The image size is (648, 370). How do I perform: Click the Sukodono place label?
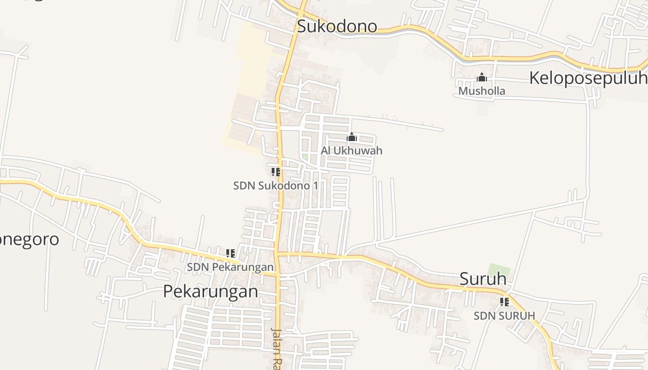point(337,26)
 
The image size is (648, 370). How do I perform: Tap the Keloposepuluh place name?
point(588,78)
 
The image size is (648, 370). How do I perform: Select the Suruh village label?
point(483,279)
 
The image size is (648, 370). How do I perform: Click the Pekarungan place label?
point(211,291)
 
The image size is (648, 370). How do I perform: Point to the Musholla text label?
point(481,91)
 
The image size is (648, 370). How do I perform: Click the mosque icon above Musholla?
point(482,77)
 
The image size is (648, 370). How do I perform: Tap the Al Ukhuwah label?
point(352,151)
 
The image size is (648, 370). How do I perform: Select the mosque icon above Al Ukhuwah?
point(352,137)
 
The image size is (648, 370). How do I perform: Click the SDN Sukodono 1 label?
point(275,186)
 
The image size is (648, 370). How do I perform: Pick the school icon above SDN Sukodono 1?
point(276,173)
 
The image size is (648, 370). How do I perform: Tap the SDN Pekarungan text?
point(230,267)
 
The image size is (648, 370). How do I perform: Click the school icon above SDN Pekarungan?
point(231,253)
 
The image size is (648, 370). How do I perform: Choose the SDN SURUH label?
point(504,316)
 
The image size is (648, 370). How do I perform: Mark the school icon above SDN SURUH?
point(505,302)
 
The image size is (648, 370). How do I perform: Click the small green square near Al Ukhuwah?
point(305,157)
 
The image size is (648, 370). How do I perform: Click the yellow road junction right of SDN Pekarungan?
point(276,253)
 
